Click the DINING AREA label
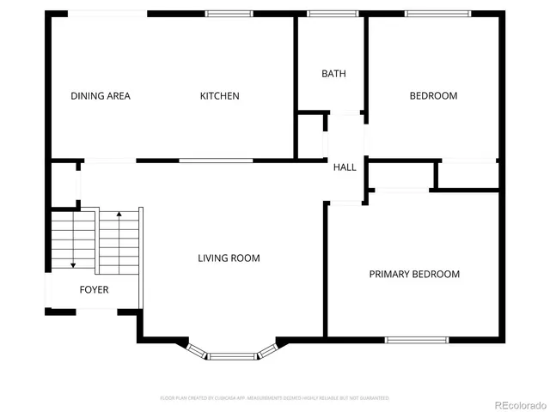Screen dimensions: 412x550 101,96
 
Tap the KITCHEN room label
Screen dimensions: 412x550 220,96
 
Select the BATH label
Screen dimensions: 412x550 333,74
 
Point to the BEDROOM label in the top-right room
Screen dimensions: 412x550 432,96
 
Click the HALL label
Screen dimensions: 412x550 345,167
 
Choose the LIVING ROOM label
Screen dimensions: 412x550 229,257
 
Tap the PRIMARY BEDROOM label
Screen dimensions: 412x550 414,275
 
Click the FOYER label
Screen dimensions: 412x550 95,290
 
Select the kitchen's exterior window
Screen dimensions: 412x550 229,14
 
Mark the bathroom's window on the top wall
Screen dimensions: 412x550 333,14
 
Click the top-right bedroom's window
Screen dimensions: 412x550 438,14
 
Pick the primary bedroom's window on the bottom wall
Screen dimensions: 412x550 417,340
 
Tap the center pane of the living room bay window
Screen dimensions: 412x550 231,355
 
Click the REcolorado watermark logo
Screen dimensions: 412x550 516,403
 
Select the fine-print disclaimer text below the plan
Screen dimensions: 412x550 275,398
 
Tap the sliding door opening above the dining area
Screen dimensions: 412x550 107,14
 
